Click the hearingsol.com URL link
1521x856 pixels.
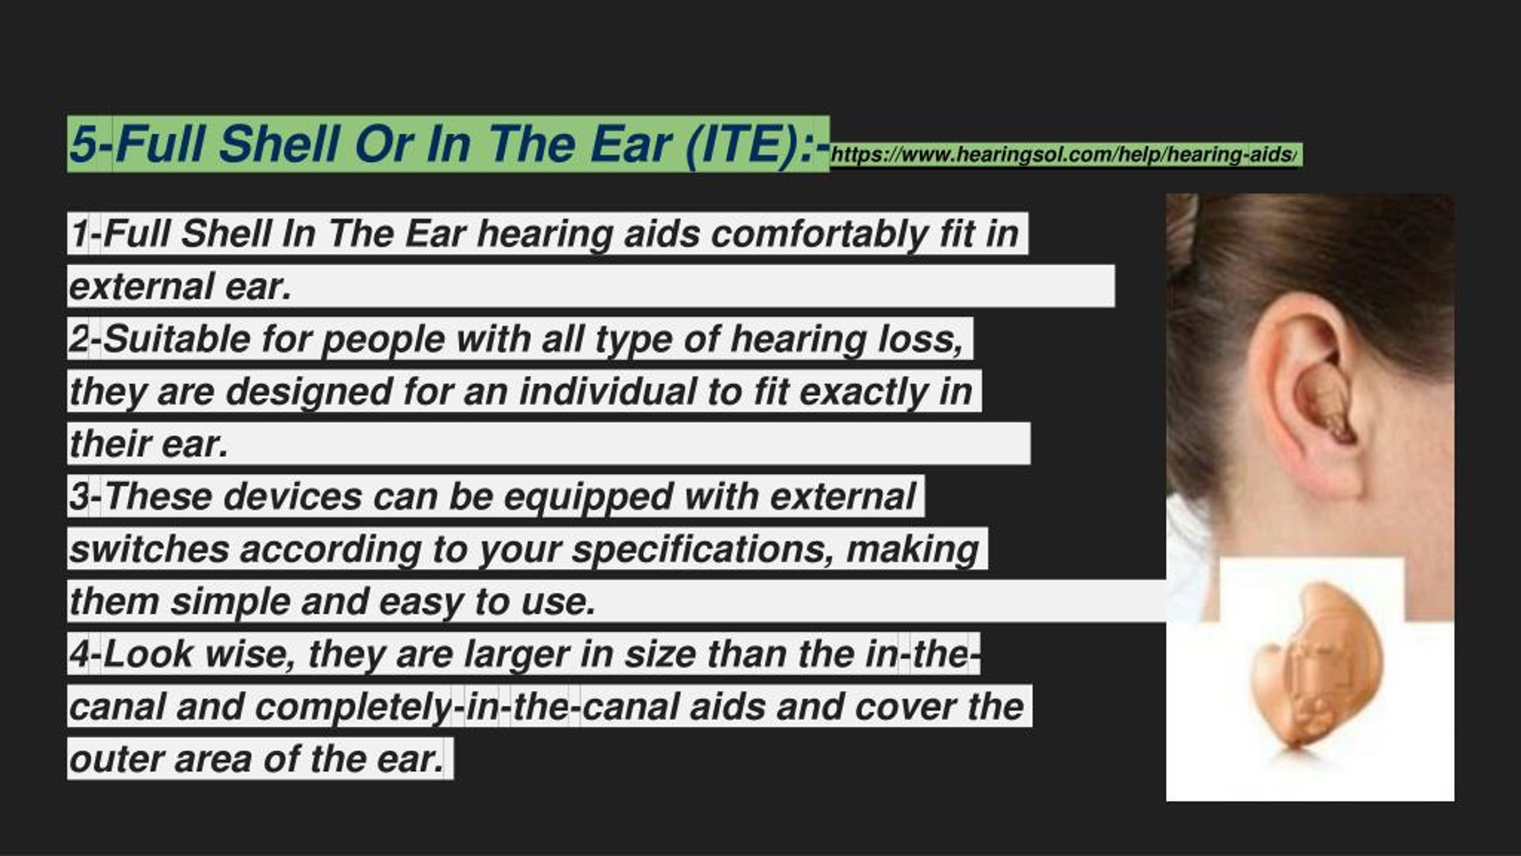1063,155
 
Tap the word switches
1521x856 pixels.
149,550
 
